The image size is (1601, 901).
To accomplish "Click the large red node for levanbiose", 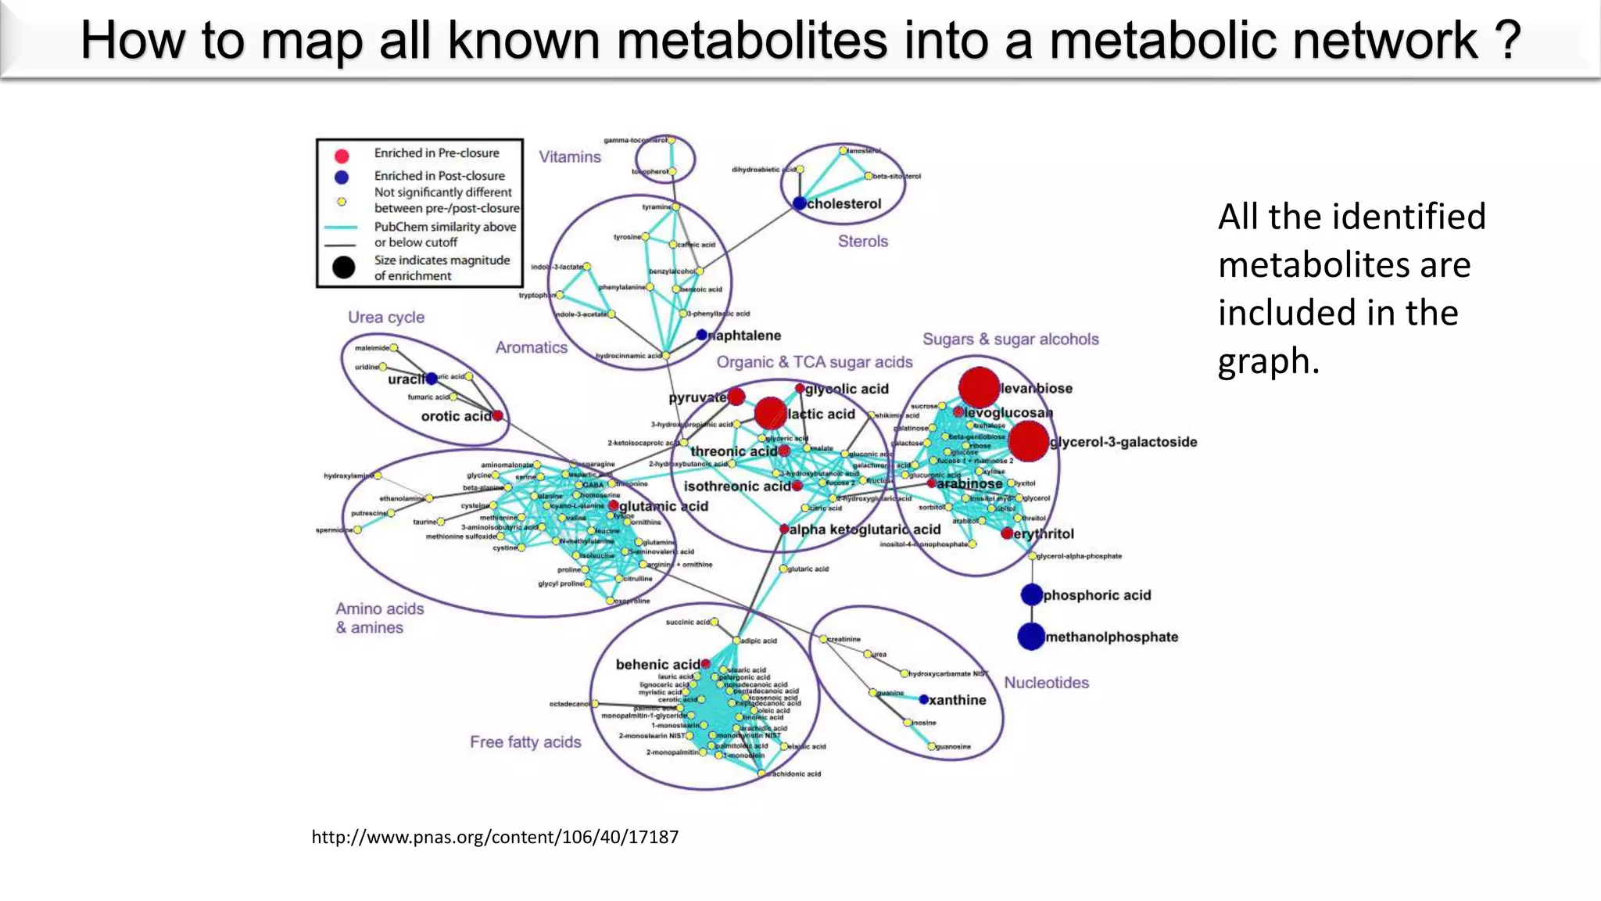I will (x=979, y=387).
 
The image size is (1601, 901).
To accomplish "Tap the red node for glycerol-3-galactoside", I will (x=1028, y=442).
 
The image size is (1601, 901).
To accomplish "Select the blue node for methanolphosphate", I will (x=1032, y=637).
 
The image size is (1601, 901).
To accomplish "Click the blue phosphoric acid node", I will (x=1032, y=594).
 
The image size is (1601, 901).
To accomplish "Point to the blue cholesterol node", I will (x=799, y=203).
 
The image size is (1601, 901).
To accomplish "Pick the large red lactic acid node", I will (x=770, y=413).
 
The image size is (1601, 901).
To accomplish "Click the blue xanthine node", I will (x=923, y=699).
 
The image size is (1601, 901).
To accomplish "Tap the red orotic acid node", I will (x=497, y=415).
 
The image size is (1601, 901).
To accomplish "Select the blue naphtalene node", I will (x=702, y=335).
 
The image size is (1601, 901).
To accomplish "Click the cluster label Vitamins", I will (x=570, y=156).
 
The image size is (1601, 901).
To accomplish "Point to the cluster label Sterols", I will (x=863, y=241).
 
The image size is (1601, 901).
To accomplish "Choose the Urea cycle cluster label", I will (x=386, y=317).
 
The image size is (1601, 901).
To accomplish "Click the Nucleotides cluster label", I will (x=1046, y=682).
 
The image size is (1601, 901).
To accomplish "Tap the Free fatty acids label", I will (x=525, y=741).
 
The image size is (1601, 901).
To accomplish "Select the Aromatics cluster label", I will (x=532, y=347).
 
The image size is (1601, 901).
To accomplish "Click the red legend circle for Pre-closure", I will (x=342, y=155).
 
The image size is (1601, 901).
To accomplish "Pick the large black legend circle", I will (x=343, y=267).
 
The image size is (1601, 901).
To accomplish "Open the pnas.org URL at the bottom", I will (x=495, y=837).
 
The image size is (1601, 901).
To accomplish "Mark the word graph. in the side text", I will (x=1268, y=361).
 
